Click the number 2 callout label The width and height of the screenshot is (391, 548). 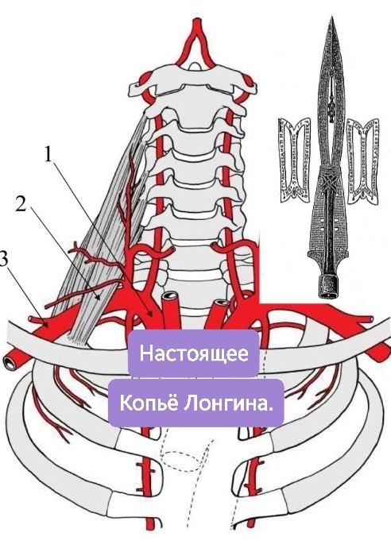click(x=21, y=204)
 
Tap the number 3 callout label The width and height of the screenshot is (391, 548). click(x=3, y=260)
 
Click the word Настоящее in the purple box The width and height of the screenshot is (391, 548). click(x=194, y=353)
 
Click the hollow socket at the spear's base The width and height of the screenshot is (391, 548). click(x=328, y=287)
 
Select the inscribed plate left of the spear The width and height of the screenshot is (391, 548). click(x=294, y=160)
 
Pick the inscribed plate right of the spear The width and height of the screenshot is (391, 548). click(x=363, y=160)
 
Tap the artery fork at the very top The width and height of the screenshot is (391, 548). click(x=198, y=33)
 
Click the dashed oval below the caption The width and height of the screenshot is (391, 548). click(x=181, y=461)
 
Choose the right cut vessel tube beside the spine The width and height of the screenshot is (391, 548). click(x=220, y=310)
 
